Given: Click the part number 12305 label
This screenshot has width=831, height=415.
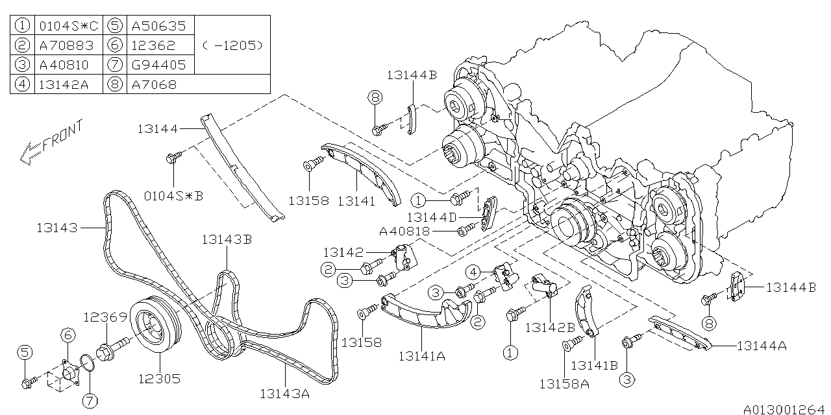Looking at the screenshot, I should point(158,378).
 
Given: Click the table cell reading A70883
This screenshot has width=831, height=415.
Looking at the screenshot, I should point(67,45).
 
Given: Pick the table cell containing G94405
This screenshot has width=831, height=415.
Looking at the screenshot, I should point(158,65).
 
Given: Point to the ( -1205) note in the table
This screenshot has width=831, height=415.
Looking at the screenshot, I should point(232,45).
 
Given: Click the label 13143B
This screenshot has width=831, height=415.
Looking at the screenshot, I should point(227,239).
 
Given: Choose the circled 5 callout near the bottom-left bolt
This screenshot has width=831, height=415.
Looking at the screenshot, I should point(25,352).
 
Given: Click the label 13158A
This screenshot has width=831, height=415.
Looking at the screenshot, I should point(564,383).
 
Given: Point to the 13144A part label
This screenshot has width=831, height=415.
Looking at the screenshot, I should point(762,346).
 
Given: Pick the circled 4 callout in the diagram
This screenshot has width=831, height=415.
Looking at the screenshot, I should point(476,271).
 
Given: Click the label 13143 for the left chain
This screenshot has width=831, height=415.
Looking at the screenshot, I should point(57,228).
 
